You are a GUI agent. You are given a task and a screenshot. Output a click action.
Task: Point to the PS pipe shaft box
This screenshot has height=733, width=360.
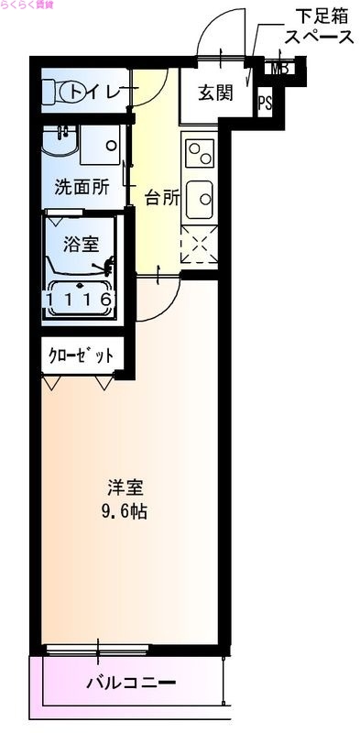click(x=266, y=103)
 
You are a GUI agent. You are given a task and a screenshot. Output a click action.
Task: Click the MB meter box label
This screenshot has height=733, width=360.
click(x=279, y=67)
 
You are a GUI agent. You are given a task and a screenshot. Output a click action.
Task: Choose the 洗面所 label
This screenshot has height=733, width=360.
click(x=82, y=186)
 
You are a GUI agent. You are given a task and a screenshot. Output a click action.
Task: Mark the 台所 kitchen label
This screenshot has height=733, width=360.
click(x=162, y=198)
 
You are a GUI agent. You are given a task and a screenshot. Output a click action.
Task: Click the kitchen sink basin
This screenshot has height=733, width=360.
click(x=199, y=195)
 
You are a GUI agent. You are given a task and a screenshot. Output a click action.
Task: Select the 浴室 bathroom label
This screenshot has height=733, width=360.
click(x=81, y=244)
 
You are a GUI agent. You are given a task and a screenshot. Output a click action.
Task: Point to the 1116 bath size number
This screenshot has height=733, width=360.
click(x=81, y=299)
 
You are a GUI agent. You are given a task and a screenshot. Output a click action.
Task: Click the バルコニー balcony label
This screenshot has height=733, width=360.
click(x=128, y=683)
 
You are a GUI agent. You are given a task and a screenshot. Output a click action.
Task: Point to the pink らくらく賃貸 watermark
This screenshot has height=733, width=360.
click(x=27, y=7)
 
